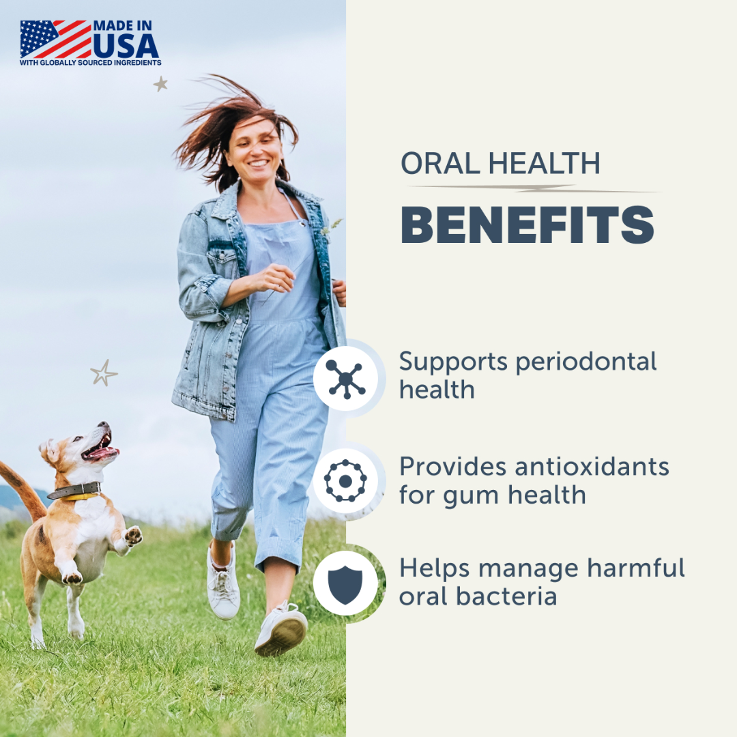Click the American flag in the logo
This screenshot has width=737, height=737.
[x=55, y=39]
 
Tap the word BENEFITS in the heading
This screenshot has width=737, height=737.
[x=527, y=225]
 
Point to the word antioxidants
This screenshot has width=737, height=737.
[x=590, y=467]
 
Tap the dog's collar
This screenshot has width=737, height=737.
[x=75, y=491]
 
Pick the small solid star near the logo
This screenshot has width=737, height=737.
[x=160, y=84]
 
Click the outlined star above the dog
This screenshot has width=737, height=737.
[x=104, y=373]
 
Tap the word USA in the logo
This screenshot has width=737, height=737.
[x=126, y=45]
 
